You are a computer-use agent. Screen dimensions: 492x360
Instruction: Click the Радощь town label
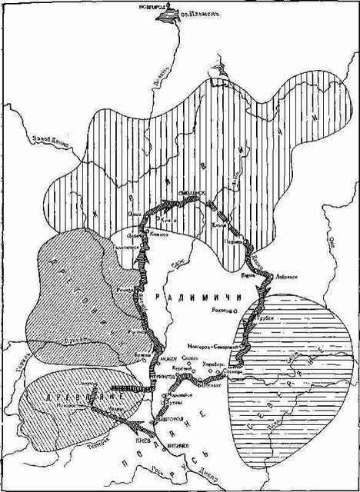tap(224, 310)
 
